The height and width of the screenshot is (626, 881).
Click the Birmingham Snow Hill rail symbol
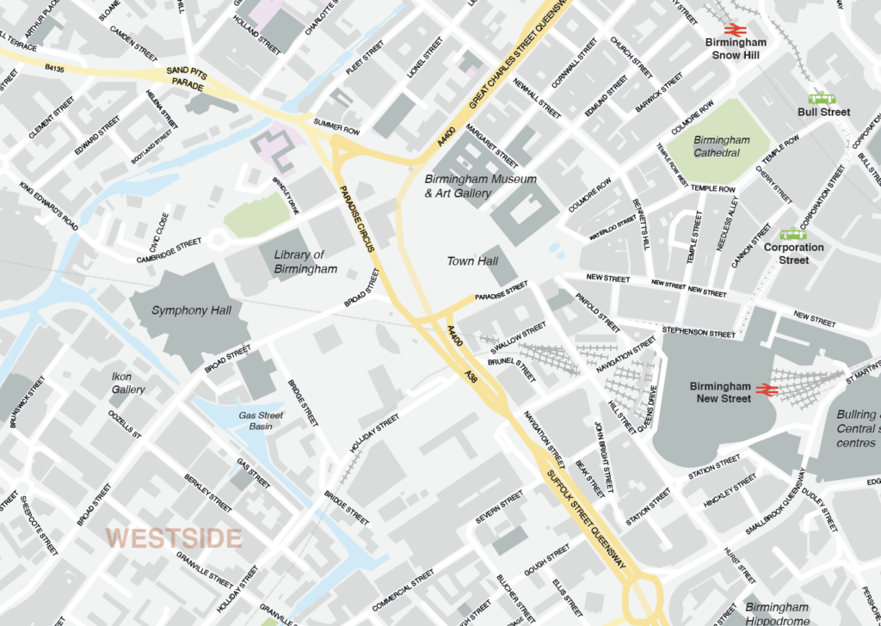[x=735, y=28]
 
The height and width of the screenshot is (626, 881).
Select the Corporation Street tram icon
[x=792, y=233]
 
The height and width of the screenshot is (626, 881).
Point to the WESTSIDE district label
[x=173, y=538]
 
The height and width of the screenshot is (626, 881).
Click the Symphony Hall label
[x=190, y=310]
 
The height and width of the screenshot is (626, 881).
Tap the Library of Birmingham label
[x=305, y=262]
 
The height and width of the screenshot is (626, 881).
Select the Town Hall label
[x=472, y=261]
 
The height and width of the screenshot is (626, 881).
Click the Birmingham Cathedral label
[x=721, y=146]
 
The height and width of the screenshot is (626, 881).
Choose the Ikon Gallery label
[x=128, y=383]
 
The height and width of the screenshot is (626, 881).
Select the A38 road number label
[x=471, y=376]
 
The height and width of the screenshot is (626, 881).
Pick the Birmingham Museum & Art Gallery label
[x=481, y=186]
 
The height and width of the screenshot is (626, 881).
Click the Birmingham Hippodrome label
[x=777, y=614]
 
